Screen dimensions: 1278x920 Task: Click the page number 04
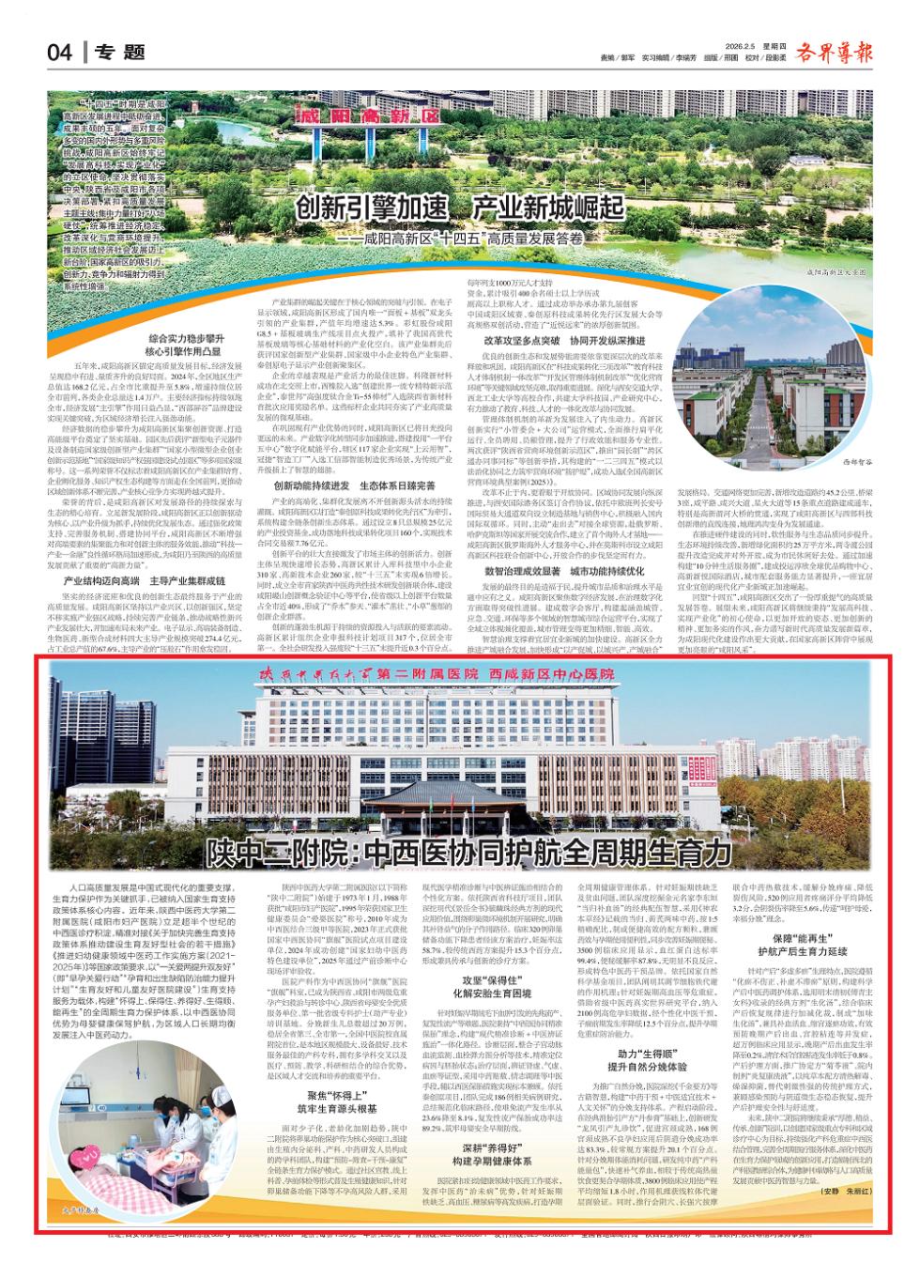(59, 53)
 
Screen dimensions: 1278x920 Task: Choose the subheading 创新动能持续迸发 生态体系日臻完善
(355, 485)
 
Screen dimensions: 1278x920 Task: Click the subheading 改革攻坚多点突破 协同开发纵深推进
(563, 341)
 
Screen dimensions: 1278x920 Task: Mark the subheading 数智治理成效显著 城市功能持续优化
(564, 570)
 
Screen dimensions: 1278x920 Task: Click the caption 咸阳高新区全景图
(834, 270)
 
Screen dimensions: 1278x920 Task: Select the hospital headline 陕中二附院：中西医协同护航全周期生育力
(468, 853)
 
